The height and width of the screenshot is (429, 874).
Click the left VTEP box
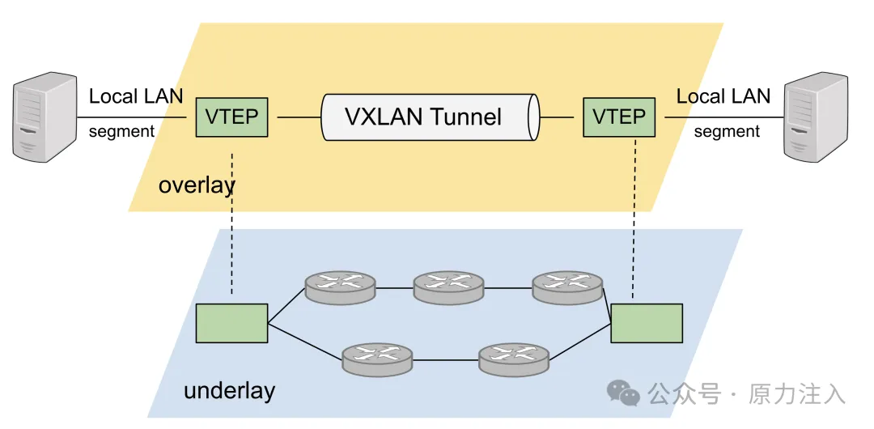point(231,117)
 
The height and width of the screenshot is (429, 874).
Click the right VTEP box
point(618,117)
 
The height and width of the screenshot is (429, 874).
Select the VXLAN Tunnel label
point(423,117)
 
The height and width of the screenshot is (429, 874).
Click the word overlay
point(197,185)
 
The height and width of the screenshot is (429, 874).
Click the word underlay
point(229,391)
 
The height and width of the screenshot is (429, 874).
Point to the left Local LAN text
point(136,96)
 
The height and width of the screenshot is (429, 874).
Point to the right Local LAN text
point(723,96)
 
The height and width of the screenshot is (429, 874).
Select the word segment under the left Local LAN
point(121,131)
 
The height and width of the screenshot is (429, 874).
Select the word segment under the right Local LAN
point(727,131)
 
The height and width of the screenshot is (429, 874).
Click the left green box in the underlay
point(231,323)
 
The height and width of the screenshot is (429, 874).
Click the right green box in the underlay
point(647,323)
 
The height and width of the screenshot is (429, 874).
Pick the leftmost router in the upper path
point(340,287)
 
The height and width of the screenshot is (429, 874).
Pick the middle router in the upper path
point(448,287)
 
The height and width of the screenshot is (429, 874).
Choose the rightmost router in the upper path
point(567,287)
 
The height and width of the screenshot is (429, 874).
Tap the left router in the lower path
point(377,358)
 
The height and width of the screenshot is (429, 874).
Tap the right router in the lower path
point(514,358)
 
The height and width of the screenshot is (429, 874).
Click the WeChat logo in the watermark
point(623,393)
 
